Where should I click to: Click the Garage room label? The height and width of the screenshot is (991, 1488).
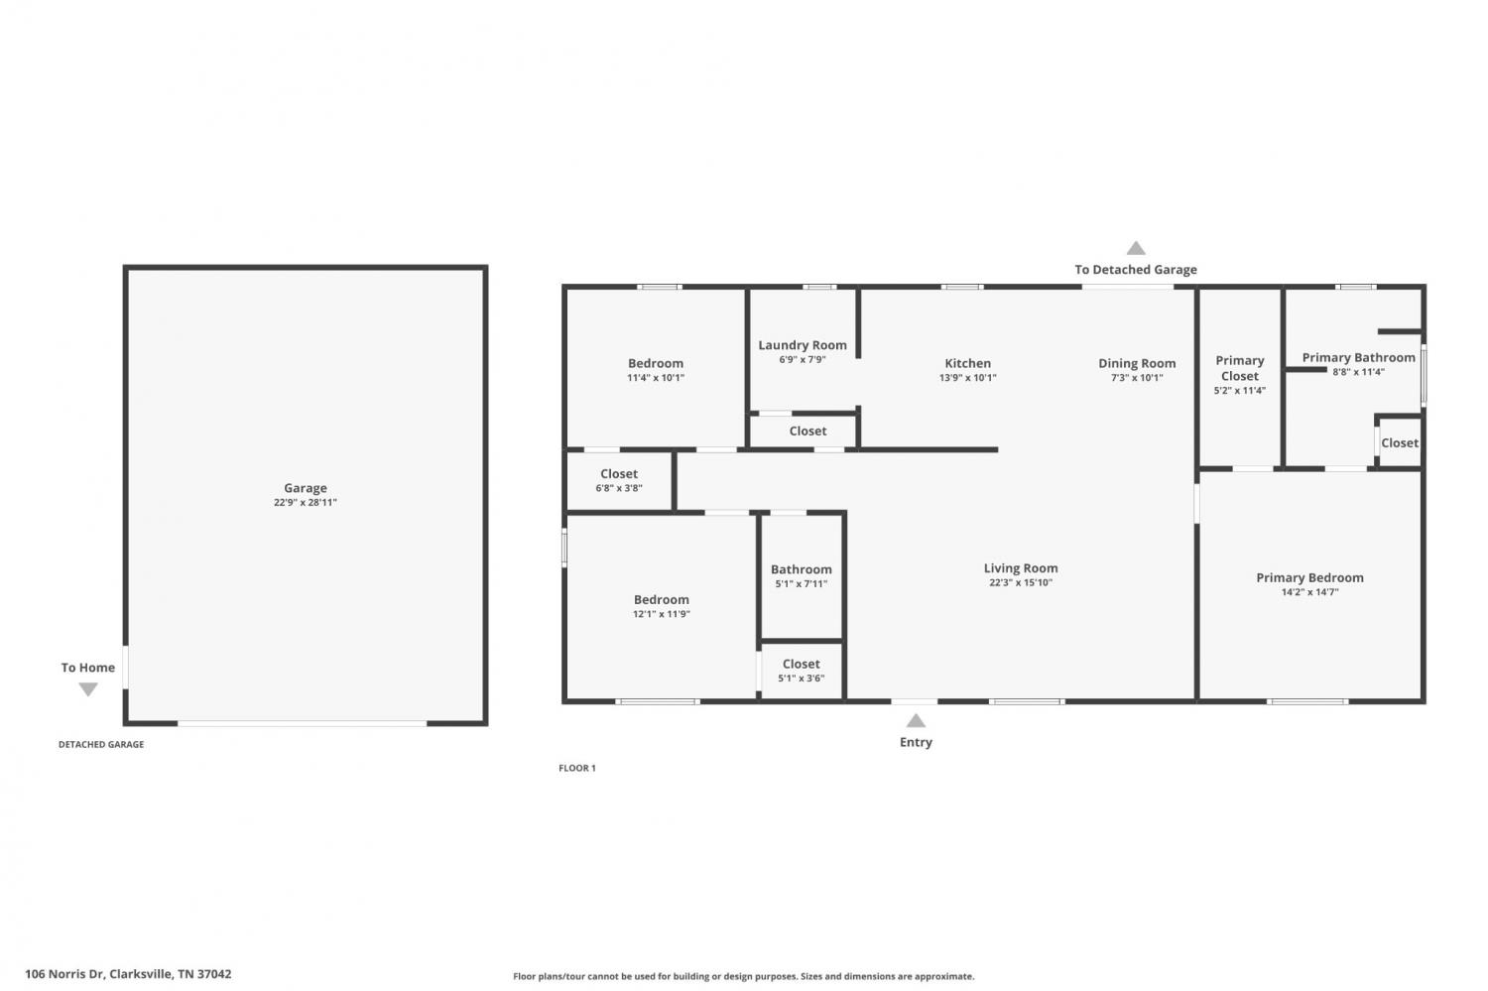click(x=306, y=488)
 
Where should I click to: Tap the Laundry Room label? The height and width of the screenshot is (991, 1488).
click(x=803, y=345)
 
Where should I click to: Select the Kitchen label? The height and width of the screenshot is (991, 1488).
click(x=968, y=363)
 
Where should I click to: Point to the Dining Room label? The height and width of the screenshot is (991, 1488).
click(x=1137, y=363)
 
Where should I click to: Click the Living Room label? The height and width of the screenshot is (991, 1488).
click(x=1021, y=568)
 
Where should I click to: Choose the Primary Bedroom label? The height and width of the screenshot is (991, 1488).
click(x=1310, y=578)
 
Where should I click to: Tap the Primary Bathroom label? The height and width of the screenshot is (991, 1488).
click(x=1358, y=357)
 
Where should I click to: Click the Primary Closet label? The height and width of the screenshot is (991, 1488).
click(x=1240, y=368)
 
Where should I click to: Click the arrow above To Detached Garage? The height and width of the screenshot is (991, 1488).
click(x=1136, y=248)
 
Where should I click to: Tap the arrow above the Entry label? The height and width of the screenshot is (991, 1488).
click(x=916, y=720)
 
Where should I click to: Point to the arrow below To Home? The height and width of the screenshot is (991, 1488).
click(x=88, y=689)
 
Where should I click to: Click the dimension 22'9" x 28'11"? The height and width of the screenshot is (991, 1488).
click(x=306, y=503)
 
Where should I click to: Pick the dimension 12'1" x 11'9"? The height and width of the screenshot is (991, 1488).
click(x=662, y=614)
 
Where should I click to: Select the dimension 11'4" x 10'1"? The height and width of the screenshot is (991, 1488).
click(x=656, y=378)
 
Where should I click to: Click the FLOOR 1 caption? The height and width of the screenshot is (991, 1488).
click(x=577, y=769)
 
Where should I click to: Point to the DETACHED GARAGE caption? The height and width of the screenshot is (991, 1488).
click(x=101, y=745)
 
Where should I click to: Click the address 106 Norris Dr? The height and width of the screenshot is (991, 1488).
click(x=64, y=974)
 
